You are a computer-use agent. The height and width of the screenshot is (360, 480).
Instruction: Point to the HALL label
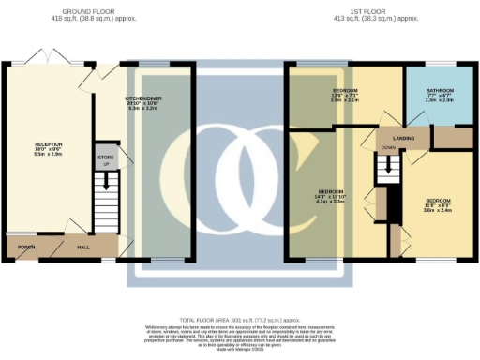pyautogui.click(x=82, y=247)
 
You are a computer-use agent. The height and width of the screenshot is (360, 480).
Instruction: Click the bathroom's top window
pyautogui.click(x=441, y=64)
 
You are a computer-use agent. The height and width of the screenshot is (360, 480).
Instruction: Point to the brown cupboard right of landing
pyautogui.click(x=451, y=137)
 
